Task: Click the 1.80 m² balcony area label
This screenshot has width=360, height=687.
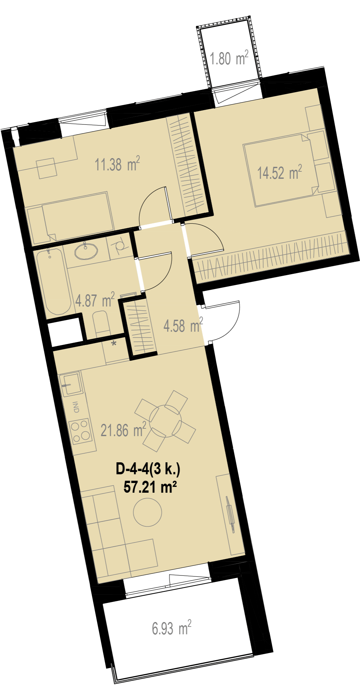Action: pyautogui.click(x=229, y=58)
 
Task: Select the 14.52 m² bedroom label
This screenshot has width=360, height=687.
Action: pyautogui.click(x=280, y=172)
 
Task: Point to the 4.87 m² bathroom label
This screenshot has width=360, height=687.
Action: pyautogui.click(x=95, y=300)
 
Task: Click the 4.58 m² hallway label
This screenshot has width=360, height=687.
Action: pyautogui.click(x=183, y=325)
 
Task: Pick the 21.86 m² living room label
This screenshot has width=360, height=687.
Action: pyautogui.click(x=123, y=430)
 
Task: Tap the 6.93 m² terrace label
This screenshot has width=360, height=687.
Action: pyautogui.click(x=172, y=628)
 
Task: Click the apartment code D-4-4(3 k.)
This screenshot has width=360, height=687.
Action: pyautogui.click(x=148, y=469)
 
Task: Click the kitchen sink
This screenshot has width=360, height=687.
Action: pyautogui.click(x=70, y=385)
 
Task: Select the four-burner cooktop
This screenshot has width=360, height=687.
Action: pyautogui.click(x=81, y=432)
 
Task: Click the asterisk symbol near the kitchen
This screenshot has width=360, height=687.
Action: pyautogui.click(x=114, y=344)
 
